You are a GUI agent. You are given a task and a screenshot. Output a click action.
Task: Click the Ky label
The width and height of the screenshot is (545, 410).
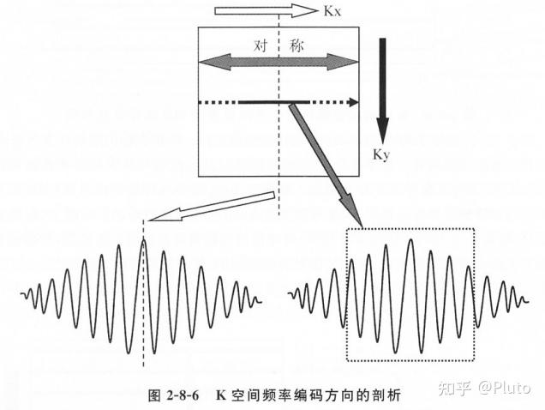pyautogui.click(x=381, y=154)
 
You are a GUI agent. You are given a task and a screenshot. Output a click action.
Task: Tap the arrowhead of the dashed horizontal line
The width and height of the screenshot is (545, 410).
pyautogui.click(x=351, y=102)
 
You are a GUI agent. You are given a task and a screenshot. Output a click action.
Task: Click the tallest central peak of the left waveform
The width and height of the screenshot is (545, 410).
pyautogui.click(x=143, y=244)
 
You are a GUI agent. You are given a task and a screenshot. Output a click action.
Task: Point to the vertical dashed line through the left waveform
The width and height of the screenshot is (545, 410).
pyautogui.click(x=142, y=343)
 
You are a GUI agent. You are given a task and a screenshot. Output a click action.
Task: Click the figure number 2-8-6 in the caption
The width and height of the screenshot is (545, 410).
pyautogui.click(x=180, y=395)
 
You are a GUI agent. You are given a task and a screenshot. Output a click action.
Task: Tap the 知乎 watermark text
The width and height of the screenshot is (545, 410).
pyautogui.click(x=454, y=389)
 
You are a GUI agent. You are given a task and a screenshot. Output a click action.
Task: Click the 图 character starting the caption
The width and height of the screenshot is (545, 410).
pyautogui.click(x=154, y=395)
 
